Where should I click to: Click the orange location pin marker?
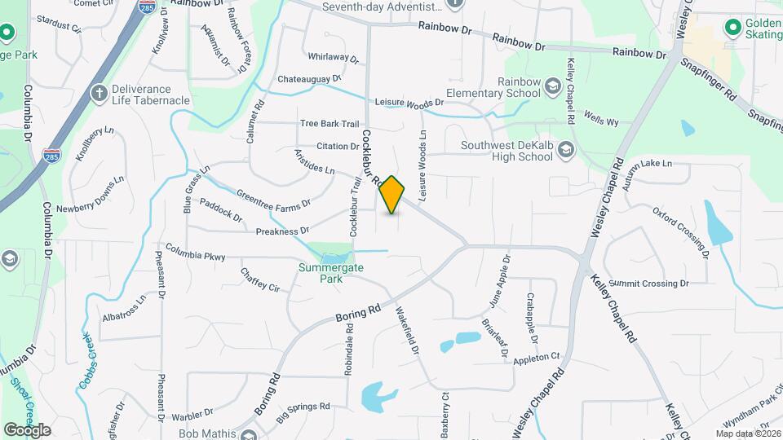point(392,195)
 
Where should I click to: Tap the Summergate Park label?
point(330,272)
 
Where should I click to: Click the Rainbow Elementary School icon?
point(553,86)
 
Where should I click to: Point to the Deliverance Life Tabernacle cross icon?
point(100,90)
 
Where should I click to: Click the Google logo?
point(26,429)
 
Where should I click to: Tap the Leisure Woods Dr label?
point(409,103)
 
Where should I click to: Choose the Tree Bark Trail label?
point(330,124)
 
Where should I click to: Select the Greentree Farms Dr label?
point(273,198)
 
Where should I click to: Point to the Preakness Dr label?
point(282,231)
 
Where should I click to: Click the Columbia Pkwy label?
point(195,252)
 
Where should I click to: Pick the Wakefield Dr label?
point(407,328)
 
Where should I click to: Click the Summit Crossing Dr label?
point(648,284)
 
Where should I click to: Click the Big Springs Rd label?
point(302,412)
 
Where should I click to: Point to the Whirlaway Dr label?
point(334,58)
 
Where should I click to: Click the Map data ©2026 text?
point(747,433)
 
